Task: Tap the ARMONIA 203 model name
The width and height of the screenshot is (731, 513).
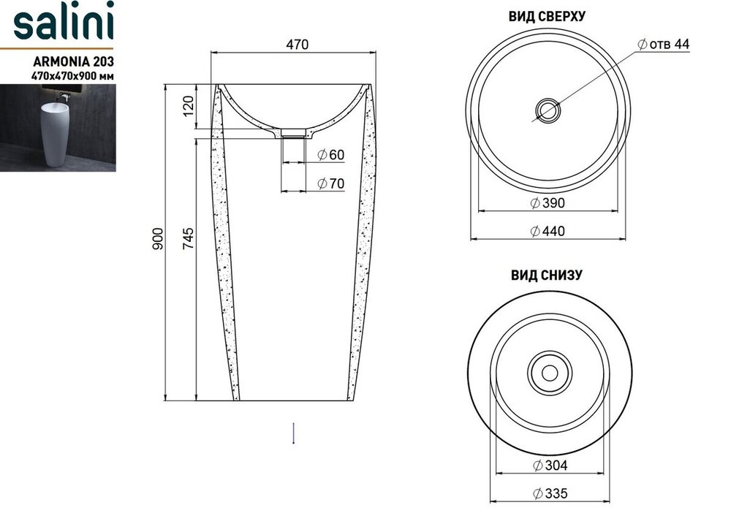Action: click(74, 61)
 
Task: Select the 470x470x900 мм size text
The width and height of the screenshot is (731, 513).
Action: click(72, 75)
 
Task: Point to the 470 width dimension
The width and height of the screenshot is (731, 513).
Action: click(297, 45)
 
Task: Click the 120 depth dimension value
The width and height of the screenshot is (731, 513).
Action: click(187, 106)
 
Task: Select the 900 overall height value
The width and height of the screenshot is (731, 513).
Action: click(158, 238)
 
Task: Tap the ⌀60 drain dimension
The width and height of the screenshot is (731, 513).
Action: click(331, 155)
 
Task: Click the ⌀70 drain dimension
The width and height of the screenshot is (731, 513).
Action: click(331, 183)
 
